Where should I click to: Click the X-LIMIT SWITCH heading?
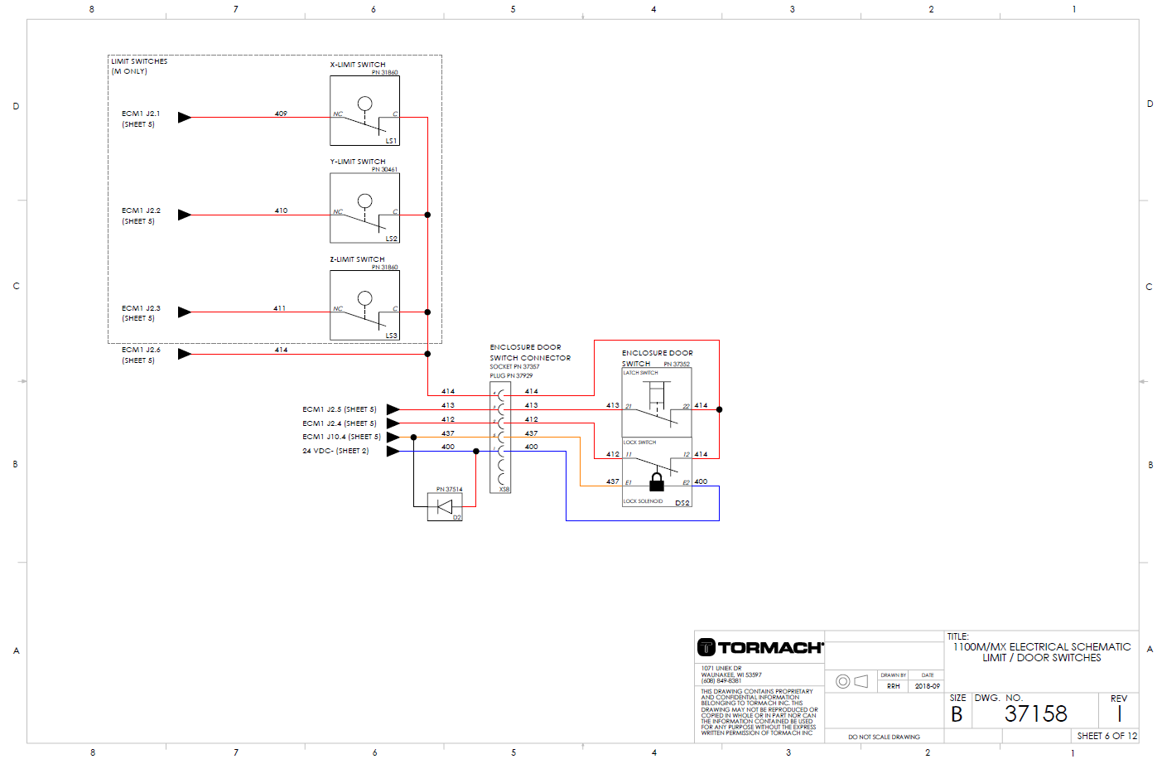coord(358,65)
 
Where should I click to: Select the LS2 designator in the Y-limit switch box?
coord(391,239)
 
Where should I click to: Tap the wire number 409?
coord(281,114)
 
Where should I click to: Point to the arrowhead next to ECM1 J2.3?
coord(184,312)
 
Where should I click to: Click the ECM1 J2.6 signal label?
coord(141,350)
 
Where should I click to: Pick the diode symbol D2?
coord(445,506)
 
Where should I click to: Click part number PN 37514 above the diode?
coord(449,490)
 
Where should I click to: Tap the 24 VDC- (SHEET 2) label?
coord(335,451)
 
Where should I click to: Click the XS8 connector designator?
coord(504,489)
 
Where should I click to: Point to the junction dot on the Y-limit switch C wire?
coord(427,215)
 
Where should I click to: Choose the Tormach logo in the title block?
coord(759,647)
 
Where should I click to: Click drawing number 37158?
coord(1035,713)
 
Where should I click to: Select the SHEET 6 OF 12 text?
coord(1107,736)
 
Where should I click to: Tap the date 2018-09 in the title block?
coord(927,686)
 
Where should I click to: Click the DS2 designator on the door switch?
coord(682,503)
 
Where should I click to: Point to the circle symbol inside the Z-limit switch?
coord(364,298)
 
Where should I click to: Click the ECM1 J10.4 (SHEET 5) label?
coord(341,437)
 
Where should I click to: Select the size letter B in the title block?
coord(957,714)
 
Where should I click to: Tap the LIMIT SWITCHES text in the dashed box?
coord(139,61)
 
